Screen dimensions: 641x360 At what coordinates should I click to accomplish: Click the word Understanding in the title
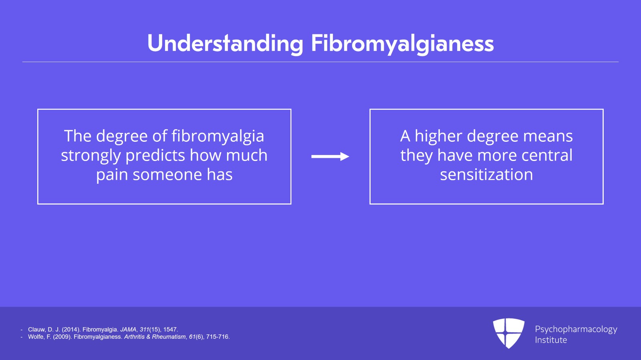[225, 44]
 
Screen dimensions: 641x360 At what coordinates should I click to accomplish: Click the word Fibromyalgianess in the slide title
[402, 44]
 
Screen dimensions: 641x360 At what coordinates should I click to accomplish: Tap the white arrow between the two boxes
[330, 157]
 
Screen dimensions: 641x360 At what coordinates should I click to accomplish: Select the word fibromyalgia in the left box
[218, 137]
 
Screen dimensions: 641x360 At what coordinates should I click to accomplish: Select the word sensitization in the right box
[486, 175]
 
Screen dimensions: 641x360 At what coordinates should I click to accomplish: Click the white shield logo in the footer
[508, 333]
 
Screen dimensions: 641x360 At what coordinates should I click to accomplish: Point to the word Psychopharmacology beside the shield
[576, 330]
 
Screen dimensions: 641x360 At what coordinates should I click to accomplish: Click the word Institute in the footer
[551, 340]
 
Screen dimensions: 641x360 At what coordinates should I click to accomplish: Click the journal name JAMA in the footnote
[128, 330]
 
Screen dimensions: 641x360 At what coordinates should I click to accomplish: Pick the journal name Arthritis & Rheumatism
[155, 337]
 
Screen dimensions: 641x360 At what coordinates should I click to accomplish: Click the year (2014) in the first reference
[71, 330]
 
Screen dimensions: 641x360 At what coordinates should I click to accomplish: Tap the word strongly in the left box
[91, 156]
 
